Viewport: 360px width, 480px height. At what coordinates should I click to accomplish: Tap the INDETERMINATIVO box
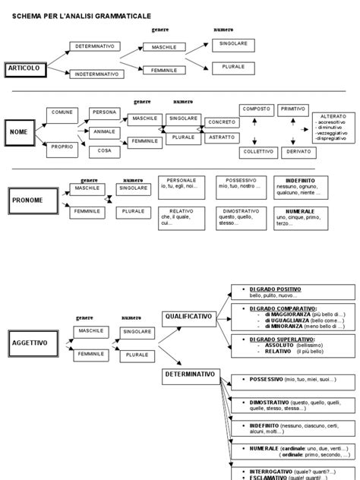pos(96,74)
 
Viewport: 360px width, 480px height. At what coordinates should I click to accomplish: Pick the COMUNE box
pos(62,112)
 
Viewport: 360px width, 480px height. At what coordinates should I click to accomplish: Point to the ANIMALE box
pos(104,131)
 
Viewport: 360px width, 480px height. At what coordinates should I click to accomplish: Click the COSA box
pos(104,150)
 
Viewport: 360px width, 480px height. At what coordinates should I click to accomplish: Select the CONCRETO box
pos(221,122)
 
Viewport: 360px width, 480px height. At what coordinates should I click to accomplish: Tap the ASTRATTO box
pos(221,137)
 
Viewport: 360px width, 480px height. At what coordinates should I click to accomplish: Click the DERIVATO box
pos(292,151)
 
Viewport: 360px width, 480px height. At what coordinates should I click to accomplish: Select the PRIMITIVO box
pos(292,109)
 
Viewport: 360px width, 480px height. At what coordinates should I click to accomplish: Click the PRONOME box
pos(29,201)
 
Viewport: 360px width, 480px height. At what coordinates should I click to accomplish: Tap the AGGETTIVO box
pos(29,343)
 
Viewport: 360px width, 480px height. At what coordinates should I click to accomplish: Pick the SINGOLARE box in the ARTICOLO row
pos(232,44)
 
